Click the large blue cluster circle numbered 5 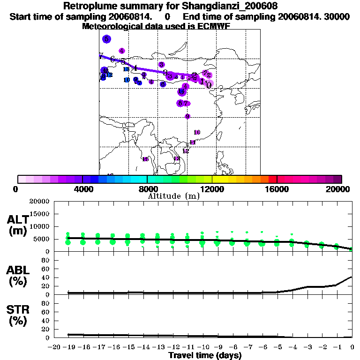coord(107,39)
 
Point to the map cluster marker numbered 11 coord(192,142)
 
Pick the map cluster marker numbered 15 coord(145,159)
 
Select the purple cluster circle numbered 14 coord(181,92)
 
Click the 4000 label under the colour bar coord(82,189)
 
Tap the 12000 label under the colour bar coord(212,189)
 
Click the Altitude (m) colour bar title coord(173,196)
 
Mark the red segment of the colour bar coord(272,179)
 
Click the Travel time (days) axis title coord(205,355)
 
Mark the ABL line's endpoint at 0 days coord(352,277)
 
